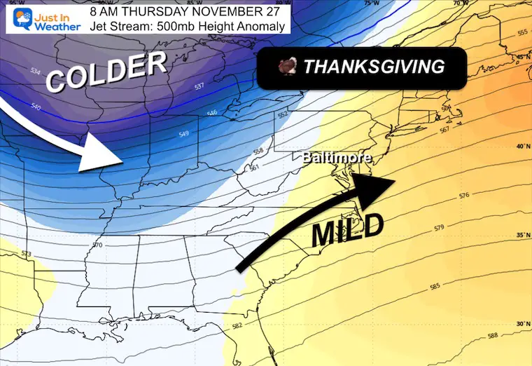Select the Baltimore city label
(337, 158)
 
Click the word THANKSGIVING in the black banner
(374, 67)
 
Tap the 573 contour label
(27, 253)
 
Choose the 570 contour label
(97, 245)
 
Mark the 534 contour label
(36, 70)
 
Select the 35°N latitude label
(519, 234)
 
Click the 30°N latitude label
(519, 324)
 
